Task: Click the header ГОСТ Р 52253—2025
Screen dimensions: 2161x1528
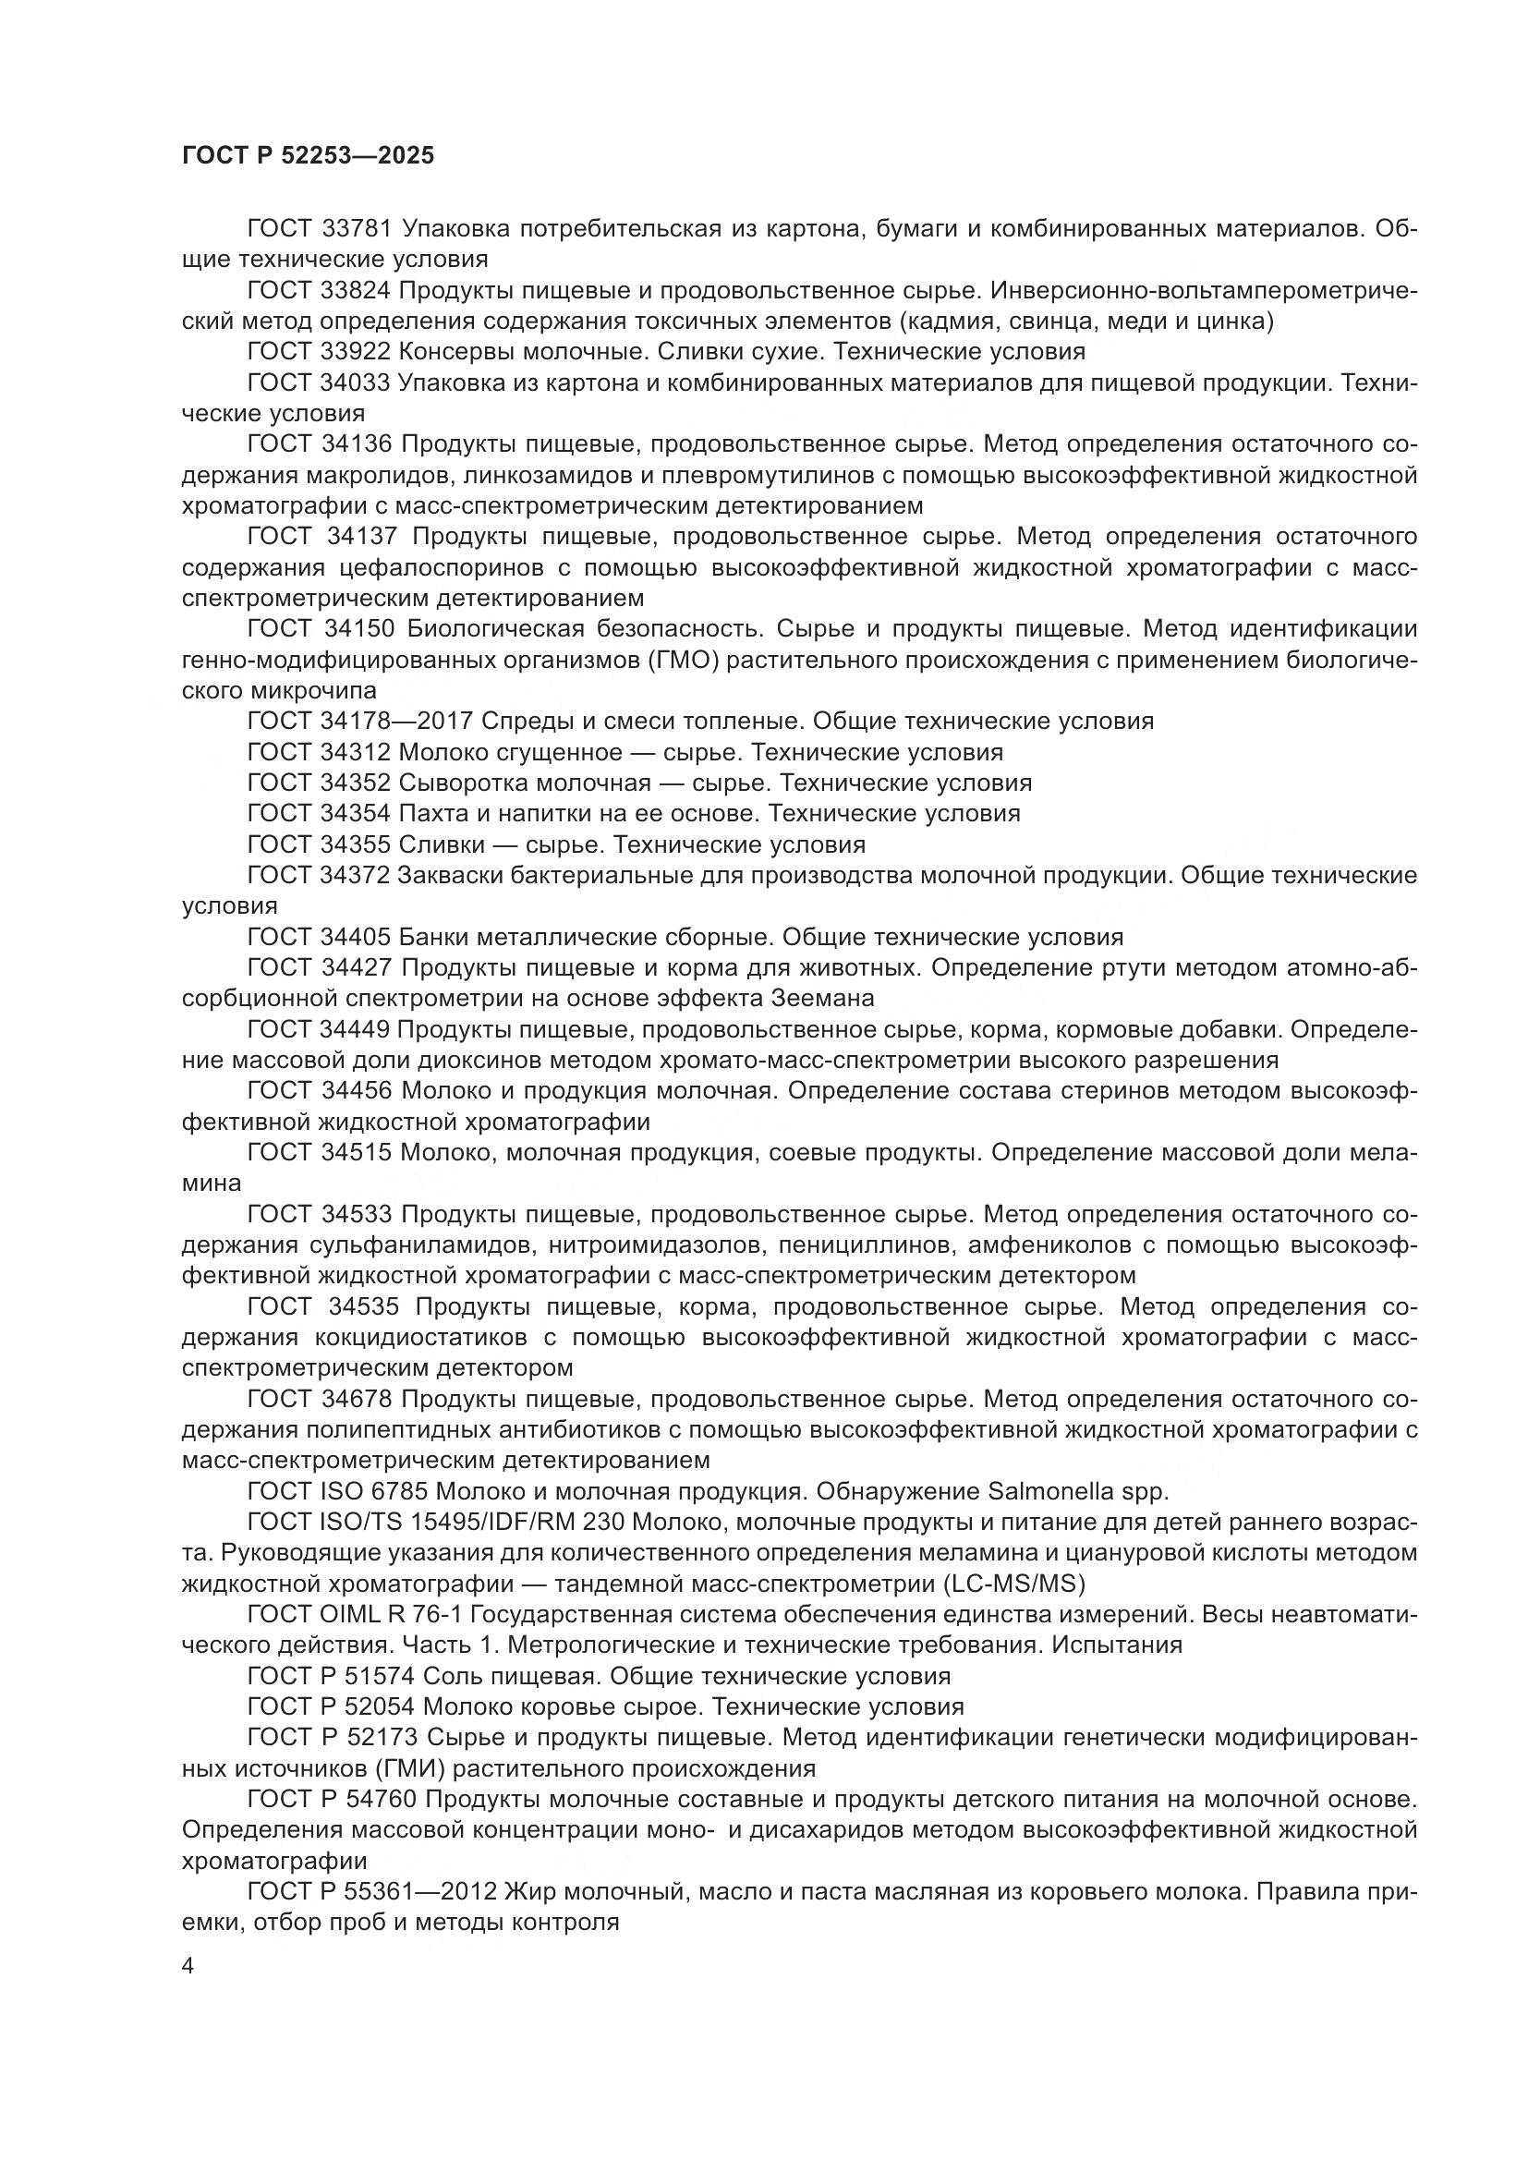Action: pos(308,156)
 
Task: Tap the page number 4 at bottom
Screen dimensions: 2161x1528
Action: pos(188,1967)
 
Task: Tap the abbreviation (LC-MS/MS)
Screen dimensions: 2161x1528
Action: pos(1013,1584)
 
